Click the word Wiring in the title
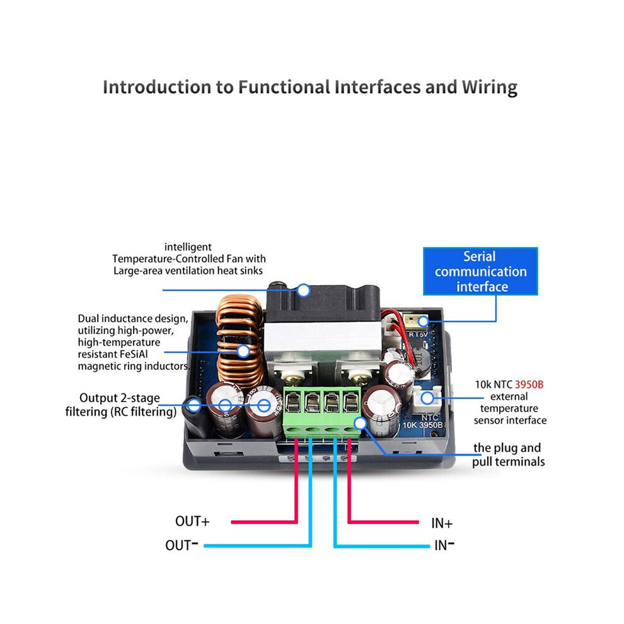coord(490,88)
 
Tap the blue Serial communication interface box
coord(480,272)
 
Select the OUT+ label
coord(192,521)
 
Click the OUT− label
coord(182,545)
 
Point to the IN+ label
coord(442,523)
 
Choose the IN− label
coord(444,545)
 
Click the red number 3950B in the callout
coord(529,384)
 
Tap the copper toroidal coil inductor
coord(239,342)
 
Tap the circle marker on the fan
coord(304,291)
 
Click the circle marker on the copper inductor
coord(243,352)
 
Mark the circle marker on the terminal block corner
coord(360,423)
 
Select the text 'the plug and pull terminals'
coord(508,455)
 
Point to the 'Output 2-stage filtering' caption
coord(120,405)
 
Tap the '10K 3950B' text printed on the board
coord(422,425)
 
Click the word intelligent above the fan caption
coord(188,247)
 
